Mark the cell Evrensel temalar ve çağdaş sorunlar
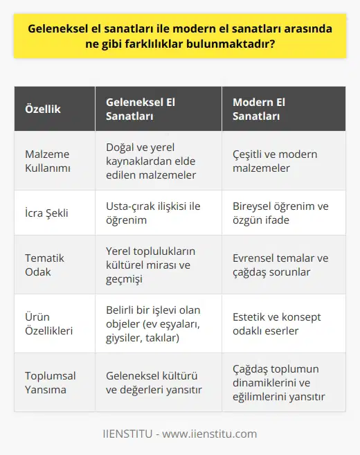[x=280, y=265]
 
